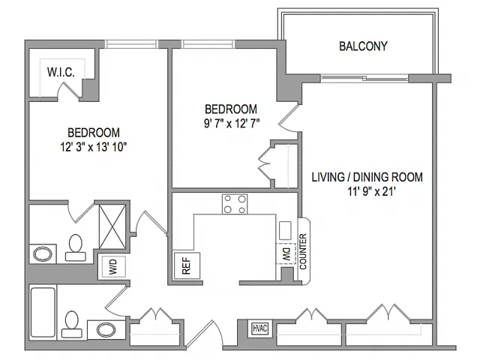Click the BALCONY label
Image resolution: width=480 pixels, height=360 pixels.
click(363, 46)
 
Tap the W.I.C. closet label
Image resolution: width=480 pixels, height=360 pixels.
click(61, 72)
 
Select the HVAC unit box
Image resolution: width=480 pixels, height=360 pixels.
click(260, 328)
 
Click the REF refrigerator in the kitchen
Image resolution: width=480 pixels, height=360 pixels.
click(187, 265)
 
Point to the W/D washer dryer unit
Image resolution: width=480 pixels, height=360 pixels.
click(113, 267)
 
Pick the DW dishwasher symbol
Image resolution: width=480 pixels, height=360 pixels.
click(286, 253)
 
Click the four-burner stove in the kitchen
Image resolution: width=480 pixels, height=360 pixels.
click(235, 204)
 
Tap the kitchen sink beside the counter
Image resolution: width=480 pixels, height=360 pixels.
click(285, 230)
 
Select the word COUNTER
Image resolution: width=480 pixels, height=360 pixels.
click(303, 251)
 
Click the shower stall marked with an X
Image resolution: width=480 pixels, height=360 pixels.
click(112, 226)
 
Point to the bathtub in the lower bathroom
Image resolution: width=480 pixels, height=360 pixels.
click(43, 312)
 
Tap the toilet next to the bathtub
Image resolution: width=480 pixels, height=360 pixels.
click(72, 325)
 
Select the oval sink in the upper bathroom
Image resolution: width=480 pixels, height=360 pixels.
click(43, 254)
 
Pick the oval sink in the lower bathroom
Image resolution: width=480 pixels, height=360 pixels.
click(106, 330)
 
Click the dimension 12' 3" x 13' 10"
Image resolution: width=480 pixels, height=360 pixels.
click(94, 147)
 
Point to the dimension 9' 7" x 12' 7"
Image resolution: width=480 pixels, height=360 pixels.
click(232, 124)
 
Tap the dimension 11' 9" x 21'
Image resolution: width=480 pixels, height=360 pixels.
click(372, 192)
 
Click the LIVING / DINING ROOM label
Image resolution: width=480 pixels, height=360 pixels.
click(367, 177)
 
